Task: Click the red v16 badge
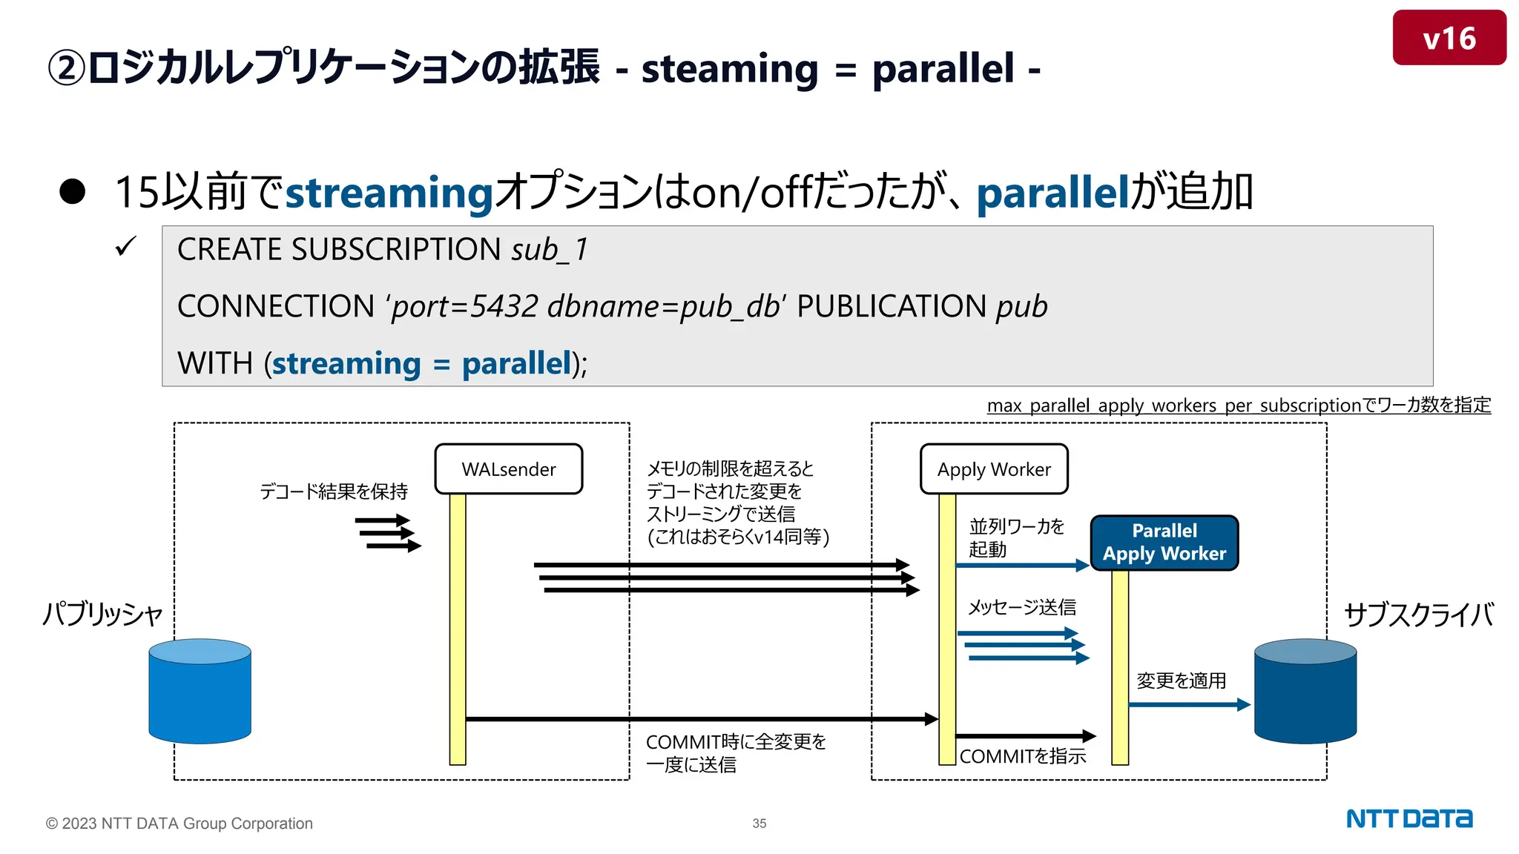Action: pos(1449,38)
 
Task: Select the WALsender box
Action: pos(508,469)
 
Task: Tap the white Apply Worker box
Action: pos(993,469)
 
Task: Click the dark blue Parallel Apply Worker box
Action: pos(1164,543)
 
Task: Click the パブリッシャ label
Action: pos(102,615)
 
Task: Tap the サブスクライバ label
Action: pos(1418,615)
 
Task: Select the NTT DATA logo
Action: pos(1408,819)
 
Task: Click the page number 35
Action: pos(759,824)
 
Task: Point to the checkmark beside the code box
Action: pos(126,247)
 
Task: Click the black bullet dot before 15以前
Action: pos(73,191)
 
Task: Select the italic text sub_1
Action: pos(550,250)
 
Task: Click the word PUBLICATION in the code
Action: pos(891,306)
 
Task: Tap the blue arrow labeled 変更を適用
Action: pos(1188,704)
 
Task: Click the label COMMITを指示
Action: pos(1022,757)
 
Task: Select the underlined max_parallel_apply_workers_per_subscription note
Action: pos(1238,406)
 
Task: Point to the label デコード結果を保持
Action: pos(334,491)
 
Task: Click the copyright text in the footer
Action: pos(179,824)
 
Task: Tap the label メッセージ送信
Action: pos(1021,608)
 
